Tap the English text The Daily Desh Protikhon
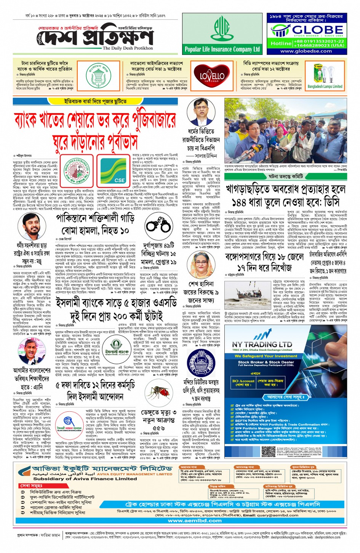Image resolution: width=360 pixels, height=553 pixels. [x=128, y=48]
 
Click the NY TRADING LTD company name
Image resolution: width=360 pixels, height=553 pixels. [x=262, y=344]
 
